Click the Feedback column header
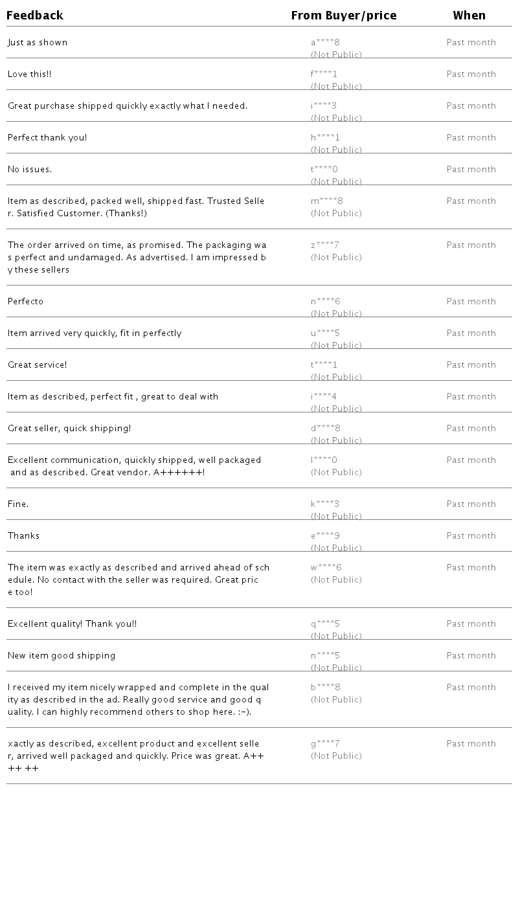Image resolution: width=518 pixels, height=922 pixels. coord(35,16)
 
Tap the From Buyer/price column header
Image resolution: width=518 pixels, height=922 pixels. coord(343,16)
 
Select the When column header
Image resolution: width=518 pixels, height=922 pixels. coord(469,16)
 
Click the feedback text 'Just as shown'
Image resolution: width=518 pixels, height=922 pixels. coord(38,43)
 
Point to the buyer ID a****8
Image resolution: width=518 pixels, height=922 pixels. coord(325,43)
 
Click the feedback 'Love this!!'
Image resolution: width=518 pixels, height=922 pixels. coord(30,74)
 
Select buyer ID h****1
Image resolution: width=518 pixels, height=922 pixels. coord(325,138)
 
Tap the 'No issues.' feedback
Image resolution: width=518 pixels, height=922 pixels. coord(30,170)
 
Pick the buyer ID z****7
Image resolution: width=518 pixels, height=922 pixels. coord(325,245)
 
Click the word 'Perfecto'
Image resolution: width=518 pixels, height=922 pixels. coord(26,302)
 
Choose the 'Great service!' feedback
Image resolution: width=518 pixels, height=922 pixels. coord(38,365)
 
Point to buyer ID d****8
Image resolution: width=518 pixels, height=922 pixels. coord(325,429)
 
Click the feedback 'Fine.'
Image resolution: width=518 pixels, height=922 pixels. coord(18,504)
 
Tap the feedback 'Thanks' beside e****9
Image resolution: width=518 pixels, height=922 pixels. coord(24,536)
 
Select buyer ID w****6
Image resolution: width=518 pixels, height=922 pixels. coord(326,568)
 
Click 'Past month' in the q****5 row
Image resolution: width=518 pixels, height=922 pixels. coord(471,624)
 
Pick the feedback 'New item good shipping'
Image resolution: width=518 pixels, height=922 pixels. coord(62,656)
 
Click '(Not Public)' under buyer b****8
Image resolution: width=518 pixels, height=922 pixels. coord(336,700)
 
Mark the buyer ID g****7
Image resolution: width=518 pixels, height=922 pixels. coord(325,744)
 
